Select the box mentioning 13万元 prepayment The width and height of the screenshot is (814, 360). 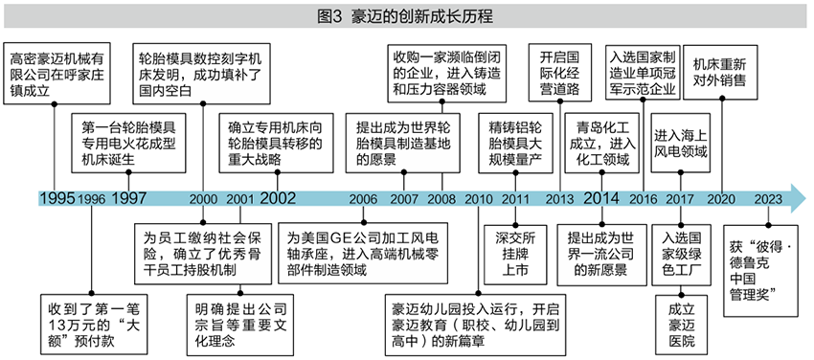pos(94,318)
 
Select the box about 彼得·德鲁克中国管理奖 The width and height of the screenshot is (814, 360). pos(763,268)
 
